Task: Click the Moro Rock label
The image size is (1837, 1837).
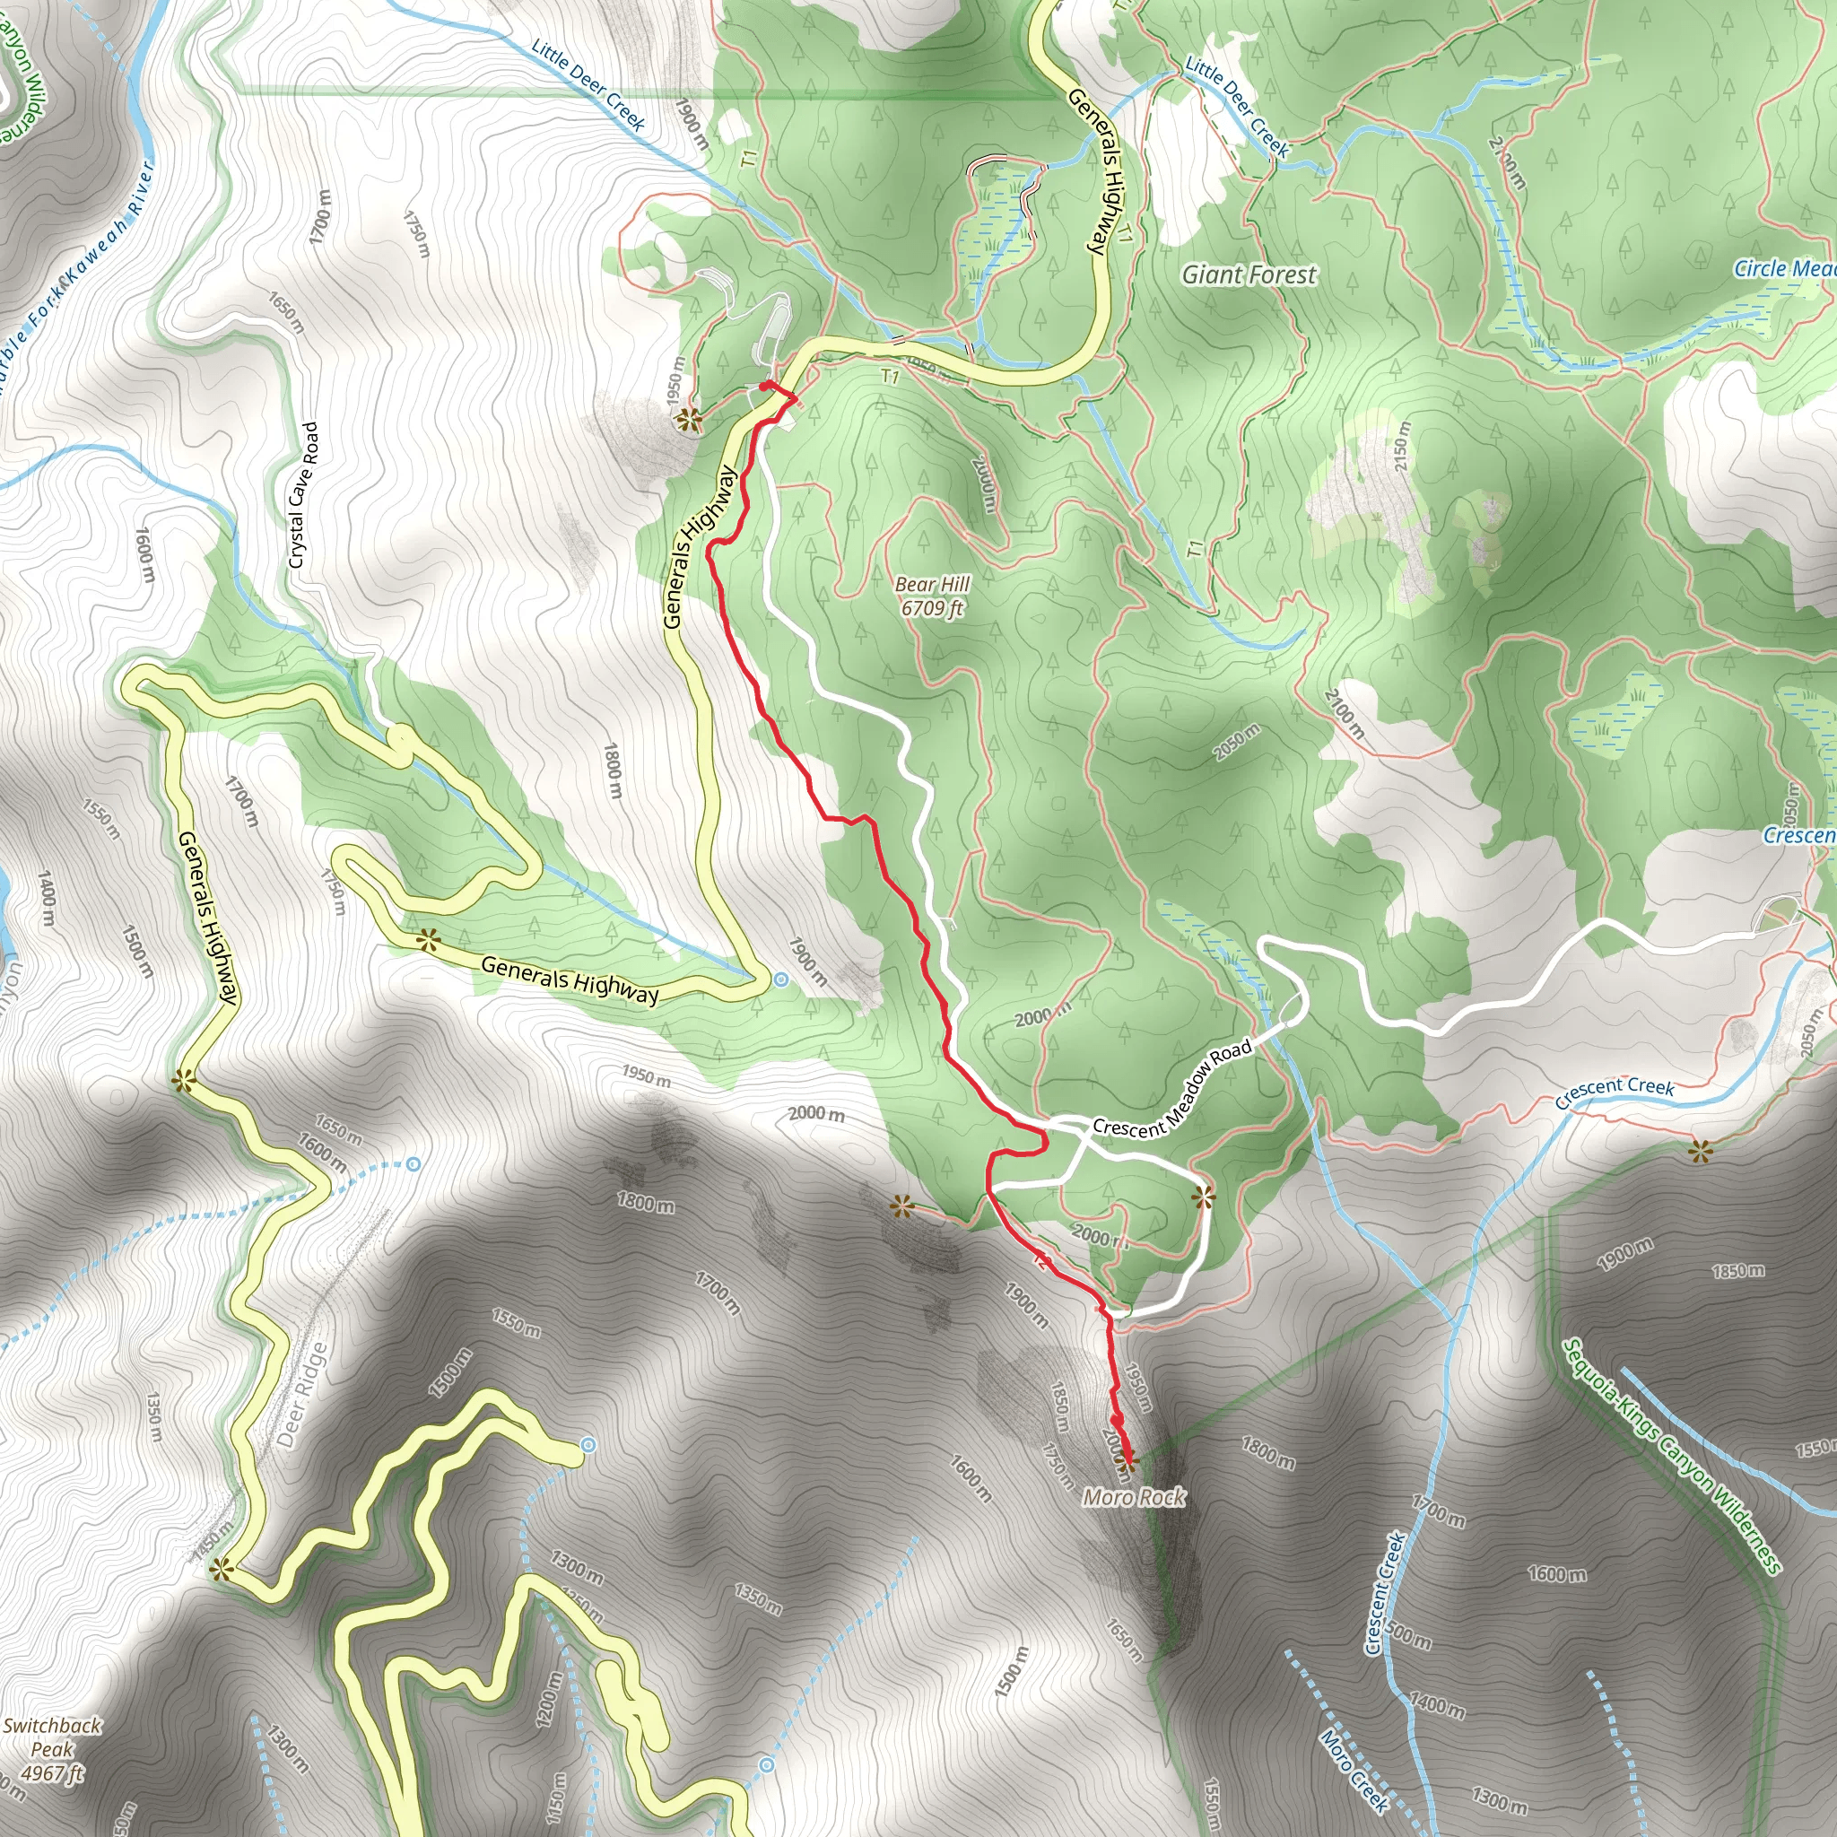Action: click(x=1134, y=1498)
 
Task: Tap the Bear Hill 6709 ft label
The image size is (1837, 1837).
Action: click(x=932, y=596)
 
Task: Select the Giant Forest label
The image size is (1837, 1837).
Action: click(x=1249, y=274)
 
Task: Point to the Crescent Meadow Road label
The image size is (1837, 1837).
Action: click(x=1172, y=1089)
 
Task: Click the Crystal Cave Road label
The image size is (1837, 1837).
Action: click(x=303, y=495)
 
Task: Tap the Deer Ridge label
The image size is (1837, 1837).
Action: click(x=303, y=1395)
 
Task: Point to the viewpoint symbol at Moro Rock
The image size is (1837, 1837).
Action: click(x=1128, y=1458)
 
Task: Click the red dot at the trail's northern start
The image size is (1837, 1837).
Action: click(x=766, y=386)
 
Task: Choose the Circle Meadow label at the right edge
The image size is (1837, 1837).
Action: click(x=1784, y=269)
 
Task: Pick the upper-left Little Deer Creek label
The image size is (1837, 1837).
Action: click(x=588, y=84)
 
